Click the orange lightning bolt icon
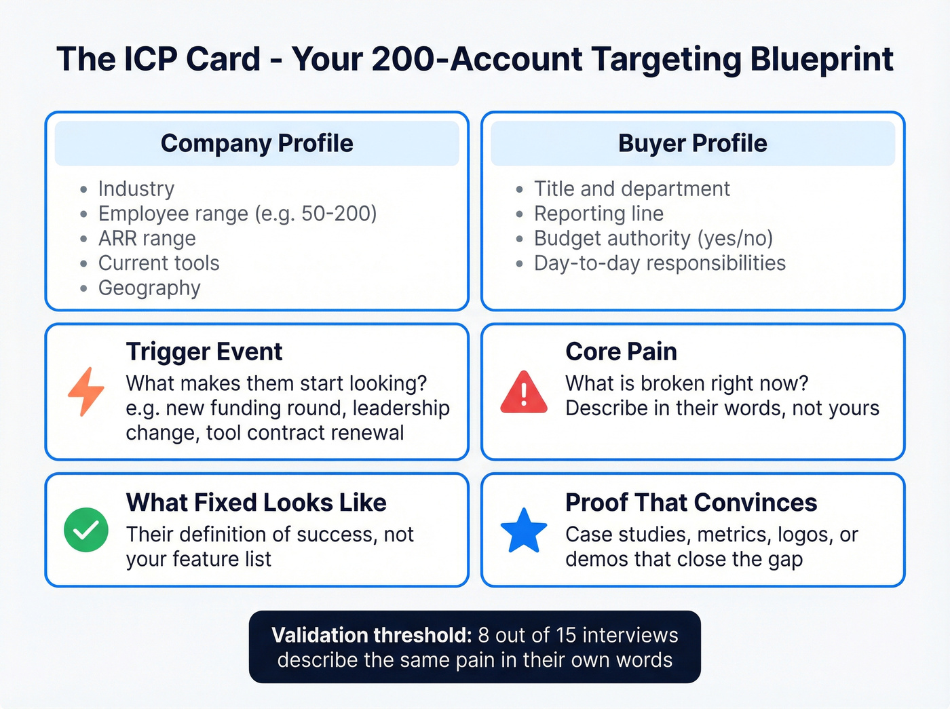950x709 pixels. [86, 392]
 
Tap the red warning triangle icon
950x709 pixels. [523, 393]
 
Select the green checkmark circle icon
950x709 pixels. [86, 530]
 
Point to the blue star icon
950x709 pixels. [523, 530]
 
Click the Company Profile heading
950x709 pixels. [256, 144]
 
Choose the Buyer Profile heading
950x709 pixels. [692, 144]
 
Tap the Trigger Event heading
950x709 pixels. [204, 352]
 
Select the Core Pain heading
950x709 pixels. [621, 352]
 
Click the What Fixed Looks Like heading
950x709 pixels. [256, 503]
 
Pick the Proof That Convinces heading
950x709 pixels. [691, 503]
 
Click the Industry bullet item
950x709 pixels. [136, 189]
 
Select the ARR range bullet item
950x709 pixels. [147, 239]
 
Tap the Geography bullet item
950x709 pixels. [149, 288]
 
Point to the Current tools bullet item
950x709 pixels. [159, 263]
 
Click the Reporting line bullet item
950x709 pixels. [598, 214]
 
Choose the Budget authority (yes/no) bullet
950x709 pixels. [653, 239]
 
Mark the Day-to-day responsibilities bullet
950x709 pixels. [660, 263]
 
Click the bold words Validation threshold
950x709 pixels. [371, 635]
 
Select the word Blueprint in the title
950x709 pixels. [821, 59]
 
